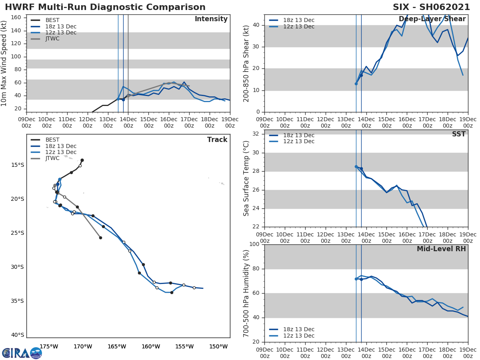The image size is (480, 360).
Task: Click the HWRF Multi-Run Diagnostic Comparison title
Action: (105, 7)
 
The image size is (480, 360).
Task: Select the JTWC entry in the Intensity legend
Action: (52, 39)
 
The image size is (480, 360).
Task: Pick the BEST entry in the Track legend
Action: (52, 140)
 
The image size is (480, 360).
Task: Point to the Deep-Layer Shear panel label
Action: (432, 19)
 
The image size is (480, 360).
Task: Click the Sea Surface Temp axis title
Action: (247, 178)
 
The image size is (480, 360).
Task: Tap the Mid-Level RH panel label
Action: (441, 249)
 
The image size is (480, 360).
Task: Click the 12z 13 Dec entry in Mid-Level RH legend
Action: (298, 336)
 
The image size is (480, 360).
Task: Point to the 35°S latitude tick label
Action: (18, 301)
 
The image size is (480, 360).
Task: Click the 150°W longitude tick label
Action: (218, 346)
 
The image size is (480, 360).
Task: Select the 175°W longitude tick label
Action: (49, 346)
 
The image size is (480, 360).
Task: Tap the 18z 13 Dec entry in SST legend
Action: (298, 135)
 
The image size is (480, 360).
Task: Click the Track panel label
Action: (217, 140)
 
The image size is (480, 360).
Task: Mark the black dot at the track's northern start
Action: (82, 160)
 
